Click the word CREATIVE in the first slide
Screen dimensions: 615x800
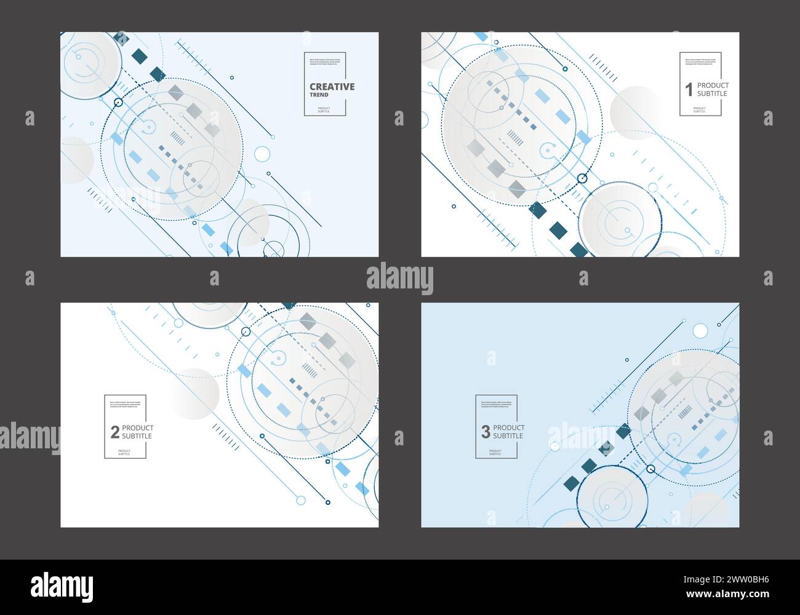pos(332,87)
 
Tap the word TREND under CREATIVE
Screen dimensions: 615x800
pos(319,95)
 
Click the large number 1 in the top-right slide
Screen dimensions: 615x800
pos(689,90)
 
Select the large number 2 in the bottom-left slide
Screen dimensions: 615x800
pos(114,432)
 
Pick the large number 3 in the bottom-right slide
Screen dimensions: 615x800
pos(486,432)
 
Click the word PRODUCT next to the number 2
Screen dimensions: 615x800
pos(138,428)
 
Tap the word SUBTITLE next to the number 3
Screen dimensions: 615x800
pos(508,436)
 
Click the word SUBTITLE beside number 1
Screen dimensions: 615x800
pos(712,94)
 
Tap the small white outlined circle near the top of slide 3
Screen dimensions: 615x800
pos(700,331)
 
